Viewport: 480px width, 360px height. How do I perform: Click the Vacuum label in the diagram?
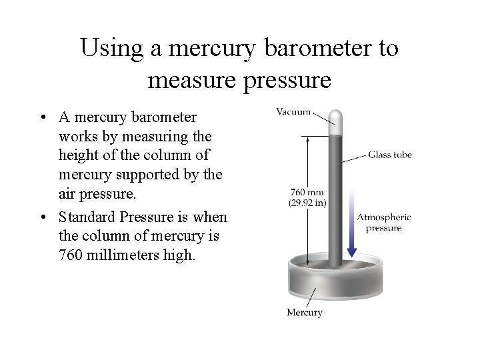coord(294,112)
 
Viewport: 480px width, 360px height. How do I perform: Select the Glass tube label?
coord(390,155)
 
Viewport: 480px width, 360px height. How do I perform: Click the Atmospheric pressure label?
coord(383,222)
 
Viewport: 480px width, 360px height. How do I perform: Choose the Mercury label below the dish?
coord(305,312)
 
